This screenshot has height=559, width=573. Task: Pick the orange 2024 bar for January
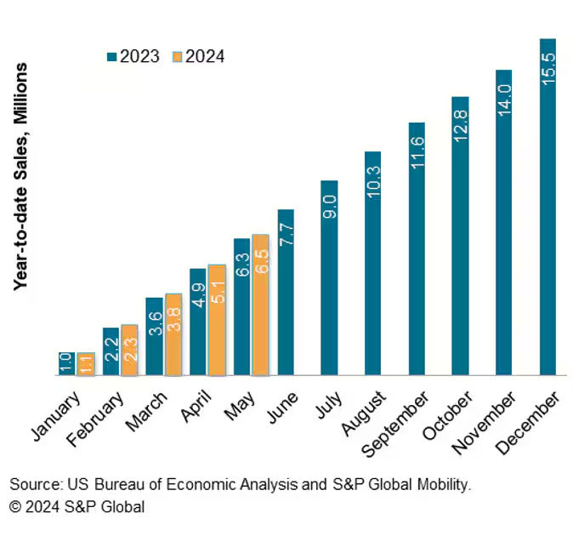point(86,363)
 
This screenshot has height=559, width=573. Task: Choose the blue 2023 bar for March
point(154,336)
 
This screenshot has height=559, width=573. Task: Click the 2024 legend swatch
point(177,57)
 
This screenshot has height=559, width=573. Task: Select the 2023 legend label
point(139,57)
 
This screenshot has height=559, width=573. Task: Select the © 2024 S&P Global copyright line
point(77,507)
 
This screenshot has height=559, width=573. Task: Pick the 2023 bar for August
point(373,263)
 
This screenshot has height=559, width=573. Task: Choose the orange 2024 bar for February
point(129,350)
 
